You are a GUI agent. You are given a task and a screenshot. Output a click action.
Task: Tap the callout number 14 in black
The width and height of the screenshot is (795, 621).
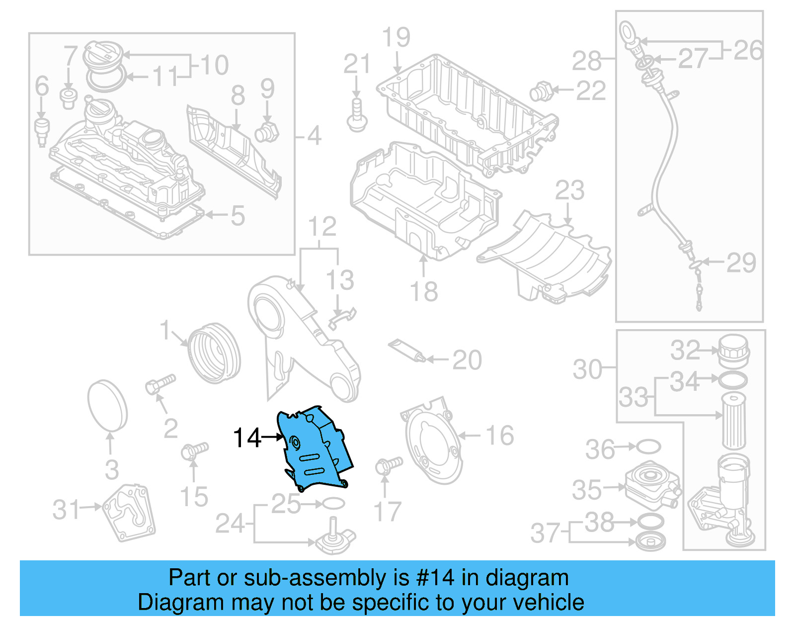[246, 438]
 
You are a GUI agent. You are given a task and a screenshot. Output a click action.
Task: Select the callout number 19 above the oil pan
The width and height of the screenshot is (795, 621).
[396, 38]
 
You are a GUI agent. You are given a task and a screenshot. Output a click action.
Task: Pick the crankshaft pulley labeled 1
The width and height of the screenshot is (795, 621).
[214, 353]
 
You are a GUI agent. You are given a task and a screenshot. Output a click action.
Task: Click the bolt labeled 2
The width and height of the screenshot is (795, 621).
[160, 383]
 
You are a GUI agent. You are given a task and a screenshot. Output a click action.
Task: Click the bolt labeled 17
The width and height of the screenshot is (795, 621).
[389, 465]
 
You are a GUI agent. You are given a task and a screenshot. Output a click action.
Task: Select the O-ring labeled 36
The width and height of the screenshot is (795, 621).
[648, 446]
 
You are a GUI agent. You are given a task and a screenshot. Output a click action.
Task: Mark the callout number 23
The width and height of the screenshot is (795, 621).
[569, 190]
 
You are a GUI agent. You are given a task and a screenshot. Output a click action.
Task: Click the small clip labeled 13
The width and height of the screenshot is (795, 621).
[342, 317]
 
